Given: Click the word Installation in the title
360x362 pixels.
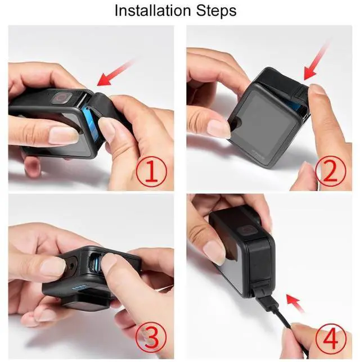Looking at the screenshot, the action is pyautogui.click(x=153, y=10).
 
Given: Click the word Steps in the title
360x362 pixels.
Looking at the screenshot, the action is pyautogui.click(x=216, y=11).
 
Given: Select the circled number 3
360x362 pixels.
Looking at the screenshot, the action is pyautogui.click(x=152, y=339).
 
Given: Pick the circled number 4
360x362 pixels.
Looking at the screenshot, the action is pyautogui.click(x=331, y=339).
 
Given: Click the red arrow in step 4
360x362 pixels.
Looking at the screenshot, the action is pyautogui.click(x=295, y=304).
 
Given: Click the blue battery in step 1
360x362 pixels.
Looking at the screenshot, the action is pyautogui.click(x=92, y=124).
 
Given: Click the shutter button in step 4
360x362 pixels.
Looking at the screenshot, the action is pyautogui.click(x=246, y=230).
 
